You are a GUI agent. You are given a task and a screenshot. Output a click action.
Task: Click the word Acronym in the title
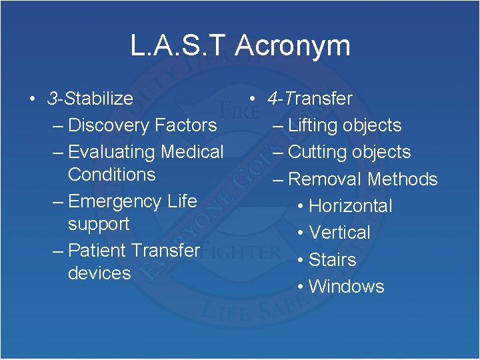click(x=293, y=47)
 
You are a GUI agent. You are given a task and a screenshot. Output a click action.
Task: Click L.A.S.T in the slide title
click(x=178, y=47)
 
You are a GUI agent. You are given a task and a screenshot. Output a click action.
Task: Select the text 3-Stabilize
click(x=90, y=99)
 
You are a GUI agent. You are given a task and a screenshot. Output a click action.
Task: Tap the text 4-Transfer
click(x=310, y=99)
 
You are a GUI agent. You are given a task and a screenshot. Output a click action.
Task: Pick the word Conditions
click(x=111, y=175)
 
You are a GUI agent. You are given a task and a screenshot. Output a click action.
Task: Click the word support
click(x=99, y=224)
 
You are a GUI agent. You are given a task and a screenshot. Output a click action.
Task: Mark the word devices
click(x=99, y=273)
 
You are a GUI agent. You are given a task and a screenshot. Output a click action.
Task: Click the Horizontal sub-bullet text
click(x=351, y=206)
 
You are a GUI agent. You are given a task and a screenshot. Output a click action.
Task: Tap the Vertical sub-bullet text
click(x=339, y=233)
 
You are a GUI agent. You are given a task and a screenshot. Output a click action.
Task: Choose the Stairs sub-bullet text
click(x=333, y=259)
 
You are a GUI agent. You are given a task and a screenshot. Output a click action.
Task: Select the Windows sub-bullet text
click(x=347, y=287)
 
